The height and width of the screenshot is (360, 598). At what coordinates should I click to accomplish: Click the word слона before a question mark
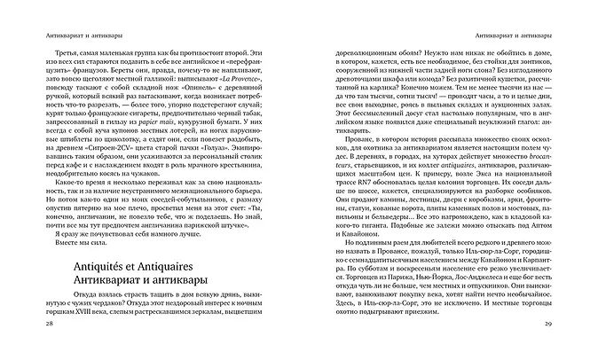pyautogui.click(x=525, y=81)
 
